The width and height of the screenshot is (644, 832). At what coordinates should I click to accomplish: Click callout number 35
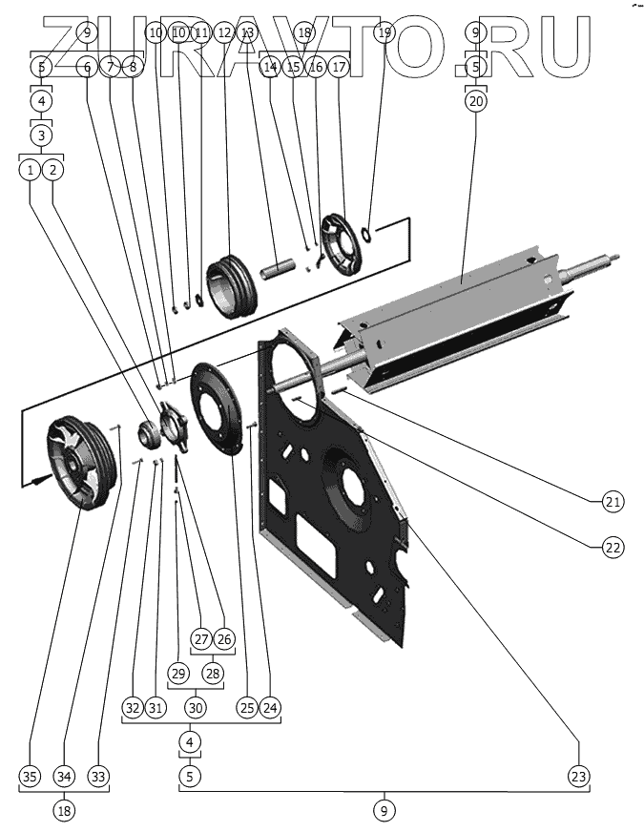(x=31, y=776)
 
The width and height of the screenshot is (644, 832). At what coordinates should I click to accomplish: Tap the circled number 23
(x=578, y=776)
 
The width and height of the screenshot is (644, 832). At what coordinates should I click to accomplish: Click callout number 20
(x=477, y=100)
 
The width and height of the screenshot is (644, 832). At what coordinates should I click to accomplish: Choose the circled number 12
(x=224, y=33)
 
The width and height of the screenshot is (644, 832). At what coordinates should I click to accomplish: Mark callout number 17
(x=340, y=68)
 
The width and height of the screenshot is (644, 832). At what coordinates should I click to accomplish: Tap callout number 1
(x=31, y=170)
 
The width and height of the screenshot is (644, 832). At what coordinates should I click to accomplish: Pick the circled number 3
(x=41, y=135)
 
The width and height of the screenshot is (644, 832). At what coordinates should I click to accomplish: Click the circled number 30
(x=196, y=707)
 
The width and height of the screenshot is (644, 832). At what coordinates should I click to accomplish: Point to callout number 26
(x=224, y=637)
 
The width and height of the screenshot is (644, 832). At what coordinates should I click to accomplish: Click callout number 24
(x=271, y=707)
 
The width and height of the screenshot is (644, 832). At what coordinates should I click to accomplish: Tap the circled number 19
(x=384, y=33)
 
